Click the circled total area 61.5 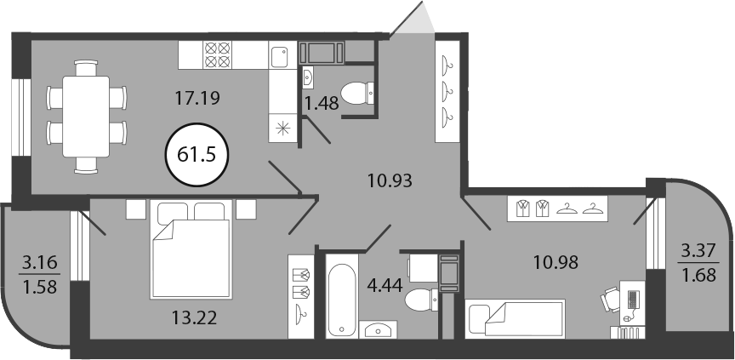tap(197, 154)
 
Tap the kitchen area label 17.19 tap(197, 98)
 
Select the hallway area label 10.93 tap(390, 180)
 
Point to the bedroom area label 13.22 tap(194, 318)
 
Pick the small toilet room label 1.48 tap(322, 103)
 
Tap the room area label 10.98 tap(556, 262)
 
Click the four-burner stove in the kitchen tap(218, 54)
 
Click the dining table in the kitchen tap(86, 117)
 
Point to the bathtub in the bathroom tap(342, 294)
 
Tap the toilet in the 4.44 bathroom tap(421, 300)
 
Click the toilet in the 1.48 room tap(357, 94)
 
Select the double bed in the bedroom tap(191, 249)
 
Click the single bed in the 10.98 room tap(516, 318)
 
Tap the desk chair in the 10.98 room tap(611, 300)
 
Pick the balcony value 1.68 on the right tap(699, 275)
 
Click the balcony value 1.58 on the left tap(40, 286)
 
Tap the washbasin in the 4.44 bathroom tap(378, 329)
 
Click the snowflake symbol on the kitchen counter tap(283, 128)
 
